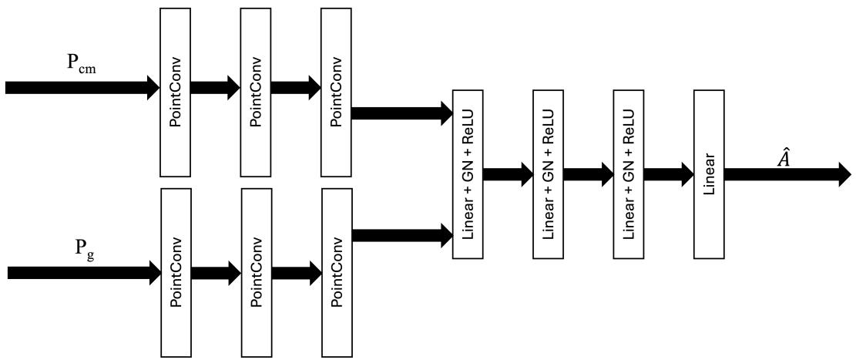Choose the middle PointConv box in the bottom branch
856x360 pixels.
pyautogui.click(x=256, y=272)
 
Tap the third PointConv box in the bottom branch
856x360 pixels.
pyautogui.click(x=337, y=272)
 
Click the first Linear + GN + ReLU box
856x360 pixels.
pyautogui.click(x=467, y=174)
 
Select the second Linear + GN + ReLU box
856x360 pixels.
pyautogui.click(x=548, y=174)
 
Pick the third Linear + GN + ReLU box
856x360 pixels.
pyautogui.click(x=629, y=174)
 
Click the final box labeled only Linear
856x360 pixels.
pyautogui.click(x=709, y=174)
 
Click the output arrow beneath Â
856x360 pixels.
pyautogui.click(x=786, y=174)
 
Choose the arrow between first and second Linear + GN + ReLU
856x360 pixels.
pyautogui.click(x=507, y=174)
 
